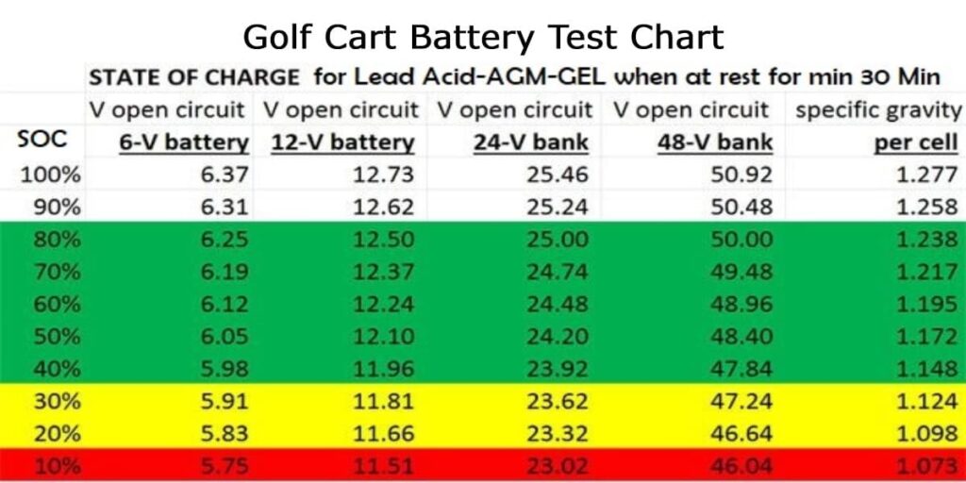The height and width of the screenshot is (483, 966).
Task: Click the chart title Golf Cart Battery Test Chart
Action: pyautogui.click(x=482, y=37)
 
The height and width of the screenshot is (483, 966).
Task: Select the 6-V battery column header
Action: pyautogui.click(x=184, y=143)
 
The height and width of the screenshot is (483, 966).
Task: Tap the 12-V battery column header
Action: pyautogui.click(x=342, y=143)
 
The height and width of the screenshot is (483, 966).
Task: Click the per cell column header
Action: pyautogui.click(x=916, y=143)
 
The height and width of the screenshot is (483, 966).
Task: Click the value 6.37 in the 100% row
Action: pyautogui.click(x=224, y=175)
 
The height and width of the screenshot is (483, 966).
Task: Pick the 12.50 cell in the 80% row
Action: pyautogui.click(x=383, y=240)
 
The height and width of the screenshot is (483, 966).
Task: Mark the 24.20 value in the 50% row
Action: pyautogui.click(x=559, y=336)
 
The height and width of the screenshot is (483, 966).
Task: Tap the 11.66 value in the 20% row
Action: pyautogui.click(x=383, y=432)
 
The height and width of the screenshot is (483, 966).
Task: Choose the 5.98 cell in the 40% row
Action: pyautogui.click(x=224, y=368)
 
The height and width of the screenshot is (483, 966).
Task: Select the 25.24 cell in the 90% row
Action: pyautogui.click(x=559, y=207)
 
